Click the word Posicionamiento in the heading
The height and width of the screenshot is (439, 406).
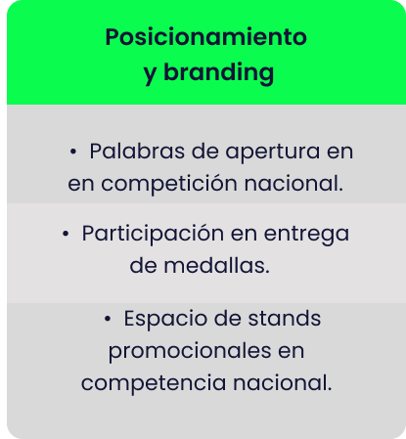(x=205, y=37)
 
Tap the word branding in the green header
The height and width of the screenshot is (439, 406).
(x=218, y=72)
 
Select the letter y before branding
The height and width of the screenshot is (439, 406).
(x=150, y=75)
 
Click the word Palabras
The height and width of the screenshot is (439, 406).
(x=137, y=152)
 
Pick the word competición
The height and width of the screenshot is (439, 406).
(x=169, y=185)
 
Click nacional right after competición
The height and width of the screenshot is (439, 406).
(x=293, y=183)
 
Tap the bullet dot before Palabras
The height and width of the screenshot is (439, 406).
(x=73, y=152)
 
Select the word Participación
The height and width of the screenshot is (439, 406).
(x=153, y=235)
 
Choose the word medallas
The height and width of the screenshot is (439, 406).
(x=216, y=265)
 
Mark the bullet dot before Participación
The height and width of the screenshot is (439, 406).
(x=66, y=234)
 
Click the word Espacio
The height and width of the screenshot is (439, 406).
(x=165, y=319)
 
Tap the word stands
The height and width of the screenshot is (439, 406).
(x=285, y=318)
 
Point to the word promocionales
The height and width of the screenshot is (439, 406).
(x=190, y=352)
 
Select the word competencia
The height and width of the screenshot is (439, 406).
(x=154, y=384)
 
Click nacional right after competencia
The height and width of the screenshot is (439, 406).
(x=283, y=382)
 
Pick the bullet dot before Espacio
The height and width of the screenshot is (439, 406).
(x=108, y=319)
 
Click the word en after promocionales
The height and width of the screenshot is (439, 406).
(x=292, y=352)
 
